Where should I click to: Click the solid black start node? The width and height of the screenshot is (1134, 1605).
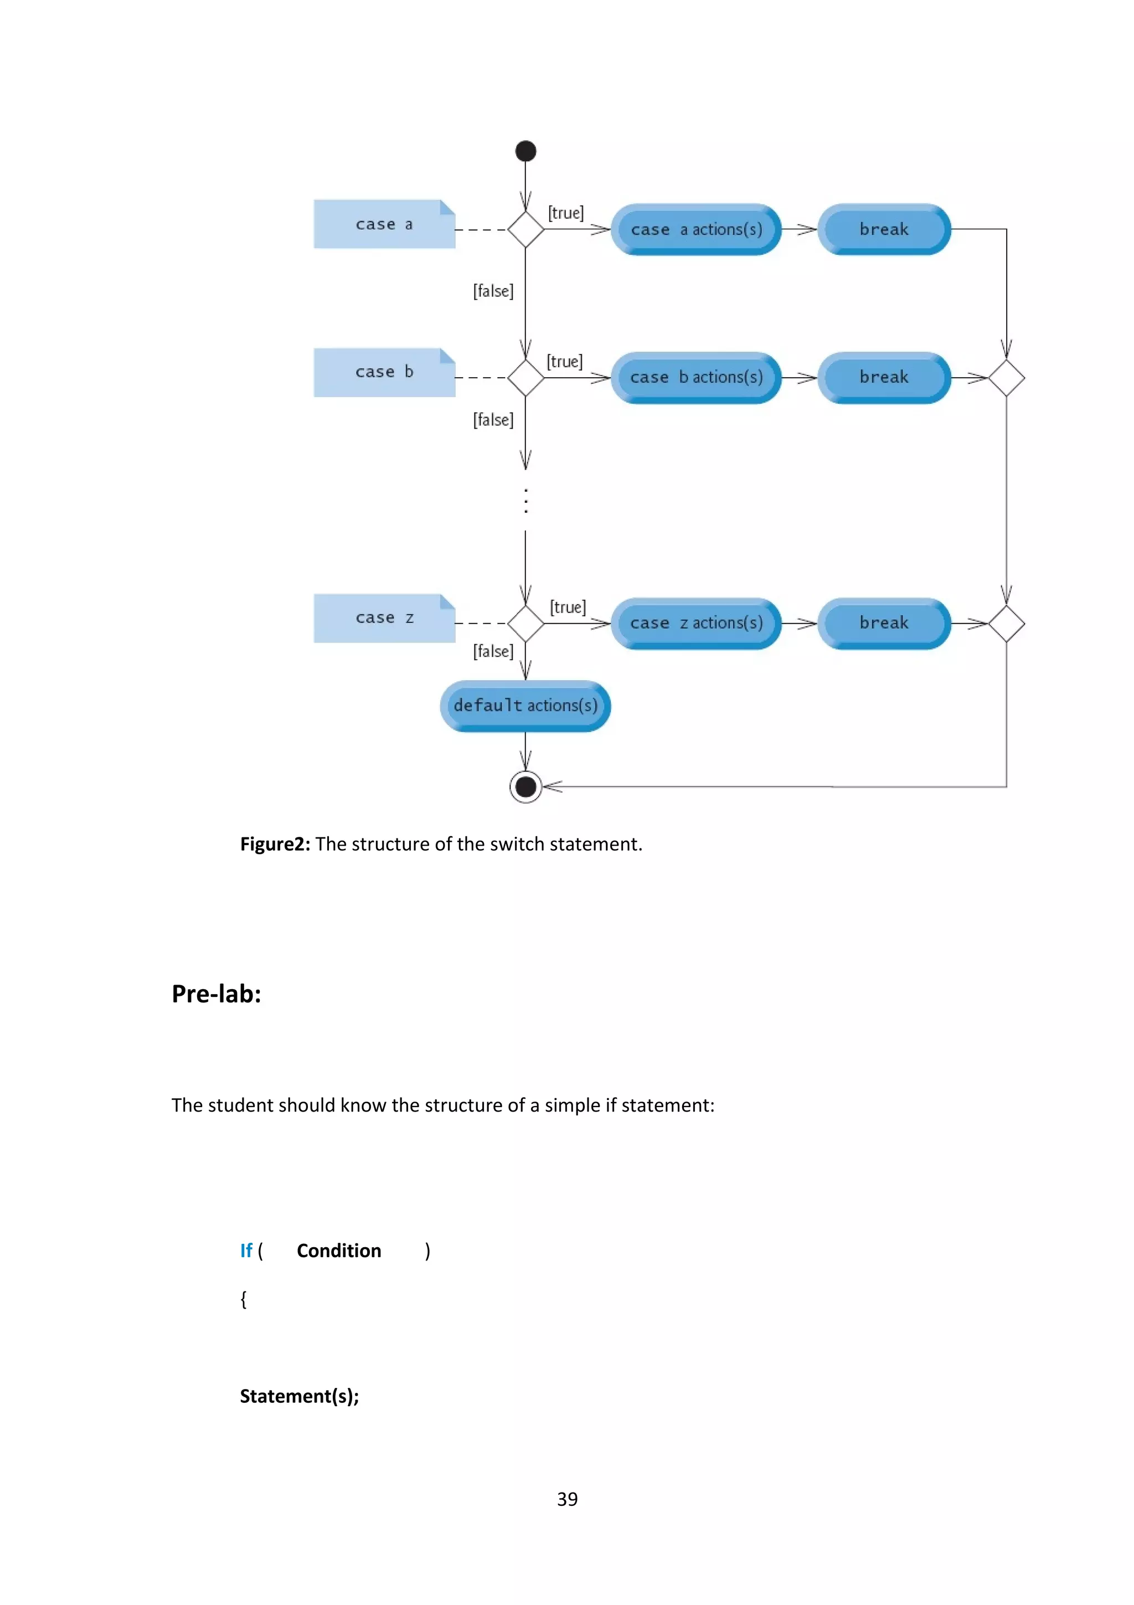525,151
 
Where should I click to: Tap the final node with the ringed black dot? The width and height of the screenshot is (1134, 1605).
525,786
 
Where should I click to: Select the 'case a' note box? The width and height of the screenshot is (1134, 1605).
384,224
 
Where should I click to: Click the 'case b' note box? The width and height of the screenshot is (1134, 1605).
384,373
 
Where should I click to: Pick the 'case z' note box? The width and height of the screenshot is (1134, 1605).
384,618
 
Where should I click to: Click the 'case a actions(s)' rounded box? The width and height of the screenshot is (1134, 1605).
696,229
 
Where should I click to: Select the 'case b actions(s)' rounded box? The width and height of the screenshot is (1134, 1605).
696,378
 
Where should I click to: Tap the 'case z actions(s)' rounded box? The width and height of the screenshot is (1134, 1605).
696,623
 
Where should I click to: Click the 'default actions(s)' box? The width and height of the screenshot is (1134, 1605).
525,706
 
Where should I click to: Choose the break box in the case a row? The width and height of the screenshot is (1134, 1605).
884,229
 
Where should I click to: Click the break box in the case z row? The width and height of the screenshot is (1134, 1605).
884,623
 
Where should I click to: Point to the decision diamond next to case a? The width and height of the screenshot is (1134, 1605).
525,229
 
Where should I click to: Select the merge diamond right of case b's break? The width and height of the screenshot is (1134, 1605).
1006,378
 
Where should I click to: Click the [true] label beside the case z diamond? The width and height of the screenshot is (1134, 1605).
568,607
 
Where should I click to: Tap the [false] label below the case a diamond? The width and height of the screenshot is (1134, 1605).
493,291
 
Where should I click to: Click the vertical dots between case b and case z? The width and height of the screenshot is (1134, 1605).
525,501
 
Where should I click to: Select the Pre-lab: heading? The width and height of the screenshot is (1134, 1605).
217,994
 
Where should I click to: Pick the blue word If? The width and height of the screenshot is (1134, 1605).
246,1251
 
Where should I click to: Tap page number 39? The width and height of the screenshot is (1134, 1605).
566,1499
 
